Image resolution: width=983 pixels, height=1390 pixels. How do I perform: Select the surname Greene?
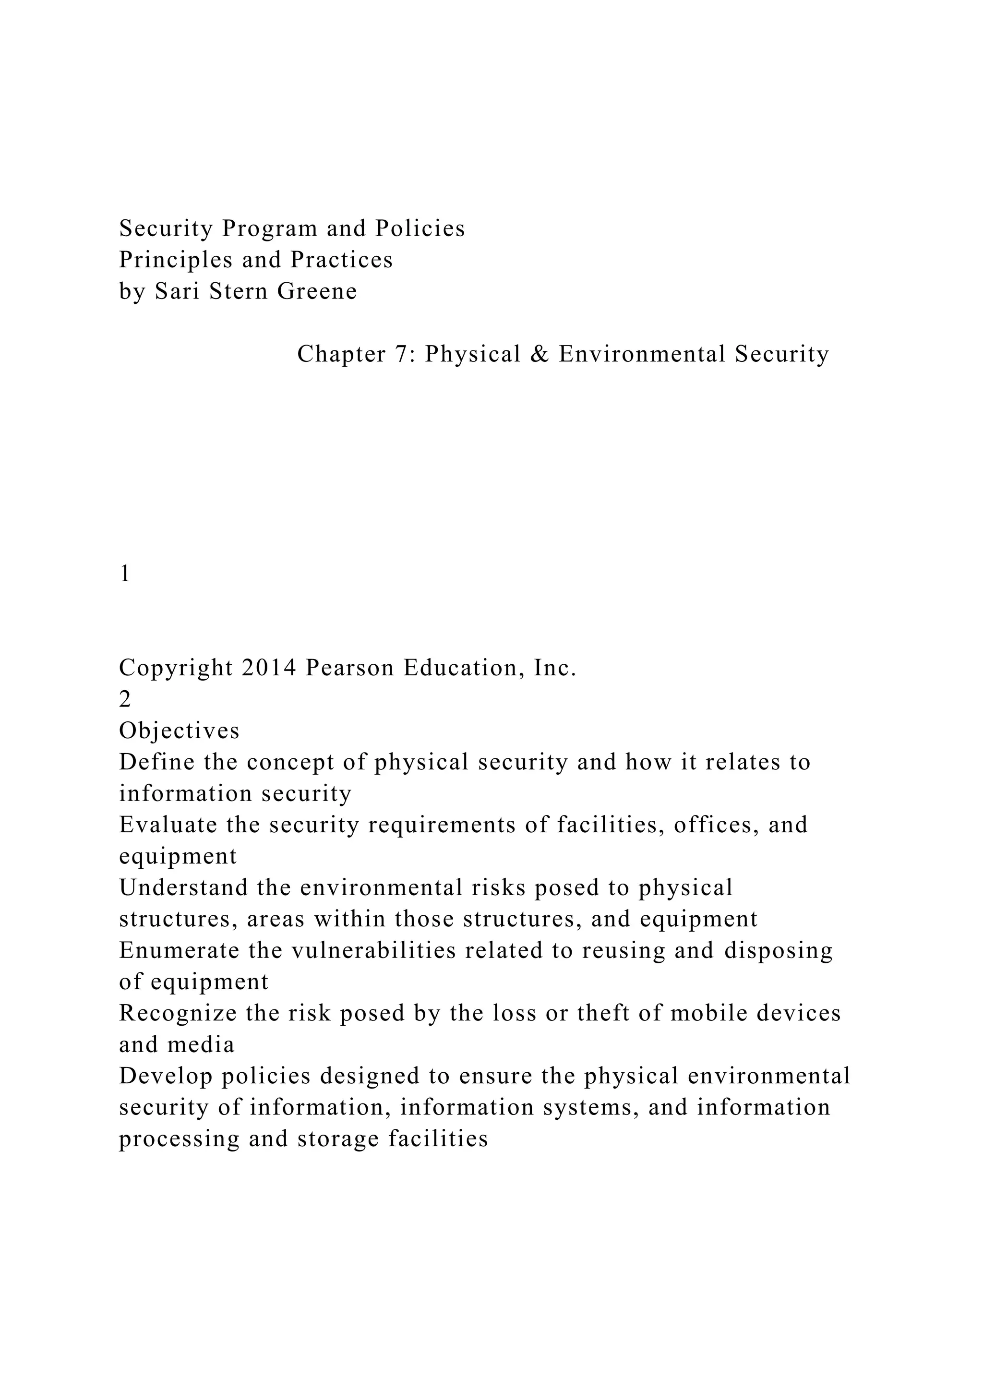(x=317, y=292)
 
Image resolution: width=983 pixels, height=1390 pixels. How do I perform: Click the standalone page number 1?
(x=125, y=573)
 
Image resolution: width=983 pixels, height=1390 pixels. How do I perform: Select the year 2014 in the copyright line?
(x=269, y=668)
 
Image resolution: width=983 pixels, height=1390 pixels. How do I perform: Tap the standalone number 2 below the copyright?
(x=125, y=699)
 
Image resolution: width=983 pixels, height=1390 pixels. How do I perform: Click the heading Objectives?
(x=179, y=731)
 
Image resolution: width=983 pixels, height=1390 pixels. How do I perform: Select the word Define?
(x=157, y=762)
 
